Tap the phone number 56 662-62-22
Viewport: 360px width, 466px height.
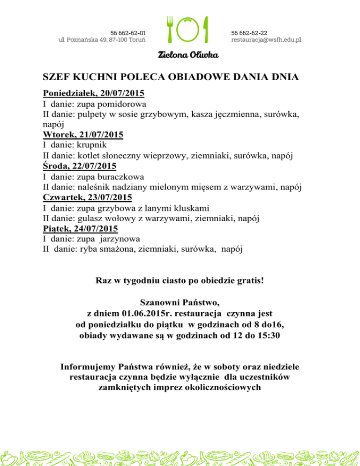tap(249, 33)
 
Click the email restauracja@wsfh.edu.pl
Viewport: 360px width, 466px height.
tap(266, 40)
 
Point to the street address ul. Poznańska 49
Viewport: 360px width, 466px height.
tap(81, 40)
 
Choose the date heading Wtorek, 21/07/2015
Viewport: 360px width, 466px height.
tap(83, 135)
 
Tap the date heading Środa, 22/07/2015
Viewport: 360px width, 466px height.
tap(80, 166)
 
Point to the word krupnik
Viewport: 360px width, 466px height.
tap(92, 145)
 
